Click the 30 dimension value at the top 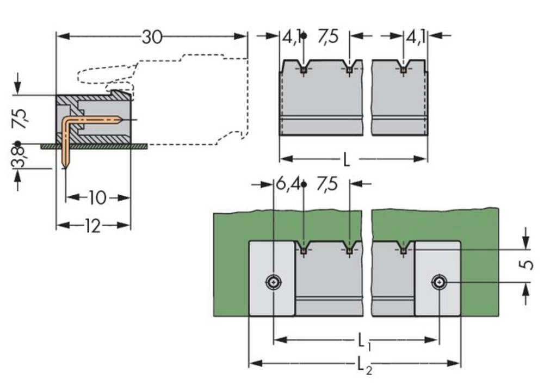152,37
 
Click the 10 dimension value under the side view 97,197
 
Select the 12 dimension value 93,226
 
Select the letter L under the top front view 347,160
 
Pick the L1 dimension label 363,342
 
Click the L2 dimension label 363,365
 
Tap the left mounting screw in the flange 273,282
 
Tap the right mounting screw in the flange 438,282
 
